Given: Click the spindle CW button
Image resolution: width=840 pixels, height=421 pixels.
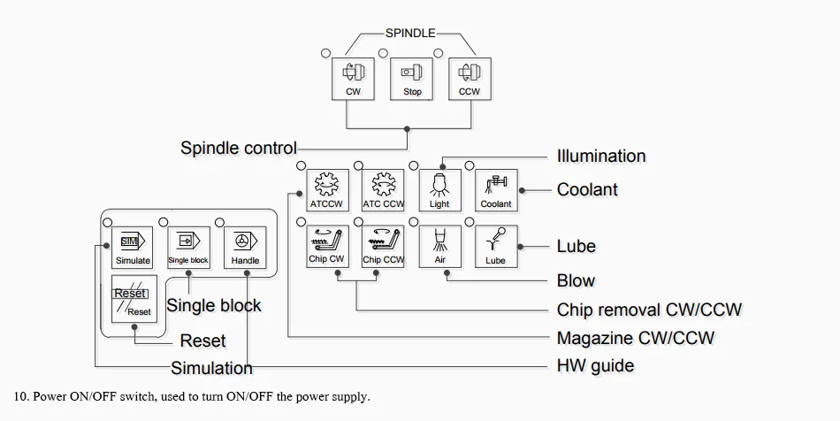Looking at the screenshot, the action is [x=353, y=80].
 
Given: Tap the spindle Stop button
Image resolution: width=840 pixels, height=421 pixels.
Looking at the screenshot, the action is [x=411, y=80].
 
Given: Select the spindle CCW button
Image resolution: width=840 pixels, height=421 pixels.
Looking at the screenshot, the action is [x=470, y=80].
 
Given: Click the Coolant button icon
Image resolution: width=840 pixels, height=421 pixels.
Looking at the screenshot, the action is [x=496, y=190].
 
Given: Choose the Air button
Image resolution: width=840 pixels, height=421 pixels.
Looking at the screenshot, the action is [x=439, y=247].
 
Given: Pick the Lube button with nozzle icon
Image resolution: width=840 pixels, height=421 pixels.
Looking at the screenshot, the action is [x=496, y=247].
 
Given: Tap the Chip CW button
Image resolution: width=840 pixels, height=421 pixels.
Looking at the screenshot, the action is [x=327, y=247].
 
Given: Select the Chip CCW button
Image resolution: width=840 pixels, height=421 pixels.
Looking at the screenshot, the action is [x=383, y=247].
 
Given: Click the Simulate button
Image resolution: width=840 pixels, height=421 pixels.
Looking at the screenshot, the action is [x=133, y=248].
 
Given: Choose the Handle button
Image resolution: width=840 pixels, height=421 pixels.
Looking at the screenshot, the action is [x=245, y=248].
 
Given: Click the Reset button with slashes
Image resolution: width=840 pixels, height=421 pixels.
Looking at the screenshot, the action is [x=134, y=299].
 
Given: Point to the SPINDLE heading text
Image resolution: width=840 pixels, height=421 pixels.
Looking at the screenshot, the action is [x=410, y=34].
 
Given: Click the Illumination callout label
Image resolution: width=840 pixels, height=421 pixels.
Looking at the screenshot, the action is [x=601, y=157].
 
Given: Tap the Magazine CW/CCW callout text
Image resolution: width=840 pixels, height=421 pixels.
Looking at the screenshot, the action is [x=636, y=338].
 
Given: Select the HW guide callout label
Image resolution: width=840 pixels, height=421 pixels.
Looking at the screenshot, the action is [x=596, y=366].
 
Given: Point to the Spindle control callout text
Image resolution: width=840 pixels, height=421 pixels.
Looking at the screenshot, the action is [x=239, y=148].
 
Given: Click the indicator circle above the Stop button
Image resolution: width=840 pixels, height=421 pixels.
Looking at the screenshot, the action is [x=383, y=54].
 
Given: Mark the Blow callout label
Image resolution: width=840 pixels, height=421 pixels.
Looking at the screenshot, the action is [x=576, y=280].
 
